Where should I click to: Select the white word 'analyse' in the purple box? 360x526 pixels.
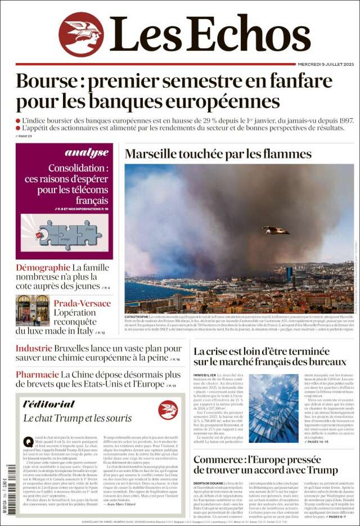[87, 152]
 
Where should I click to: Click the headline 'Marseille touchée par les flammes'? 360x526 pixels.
[218, 154]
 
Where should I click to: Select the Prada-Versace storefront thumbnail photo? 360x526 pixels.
[33, 311]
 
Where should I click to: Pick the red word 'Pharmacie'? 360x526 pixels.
[37, 374]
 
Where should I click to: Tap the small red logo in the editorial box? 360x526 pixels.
[168, 410]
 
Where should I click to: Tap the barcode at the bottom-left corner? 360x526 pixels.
[11, 484]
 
